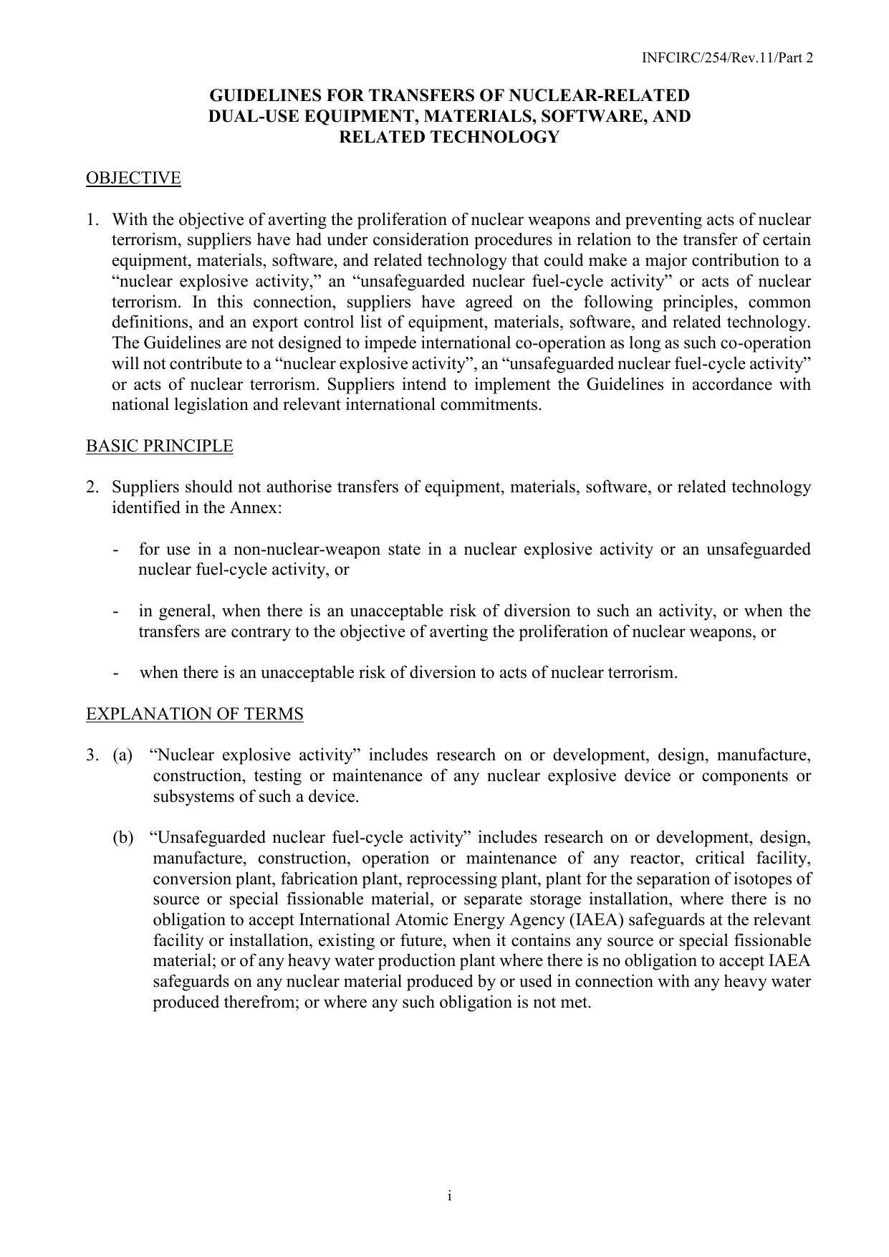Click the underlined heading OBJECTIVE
[133, 178]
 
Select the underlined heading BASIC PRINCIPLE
[159, 446]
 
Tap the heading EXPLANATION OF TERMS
[194, 714]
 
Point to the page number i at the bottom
[448, 1195]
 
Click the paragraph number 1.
[92, 219]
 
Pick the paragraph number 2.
[92, 487]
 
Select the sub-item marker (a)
[122, 755]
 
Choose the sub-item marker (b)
[122, 838]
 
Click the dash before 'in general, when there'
[116, 611]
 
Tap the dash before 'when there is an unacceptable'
[116, 673]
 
